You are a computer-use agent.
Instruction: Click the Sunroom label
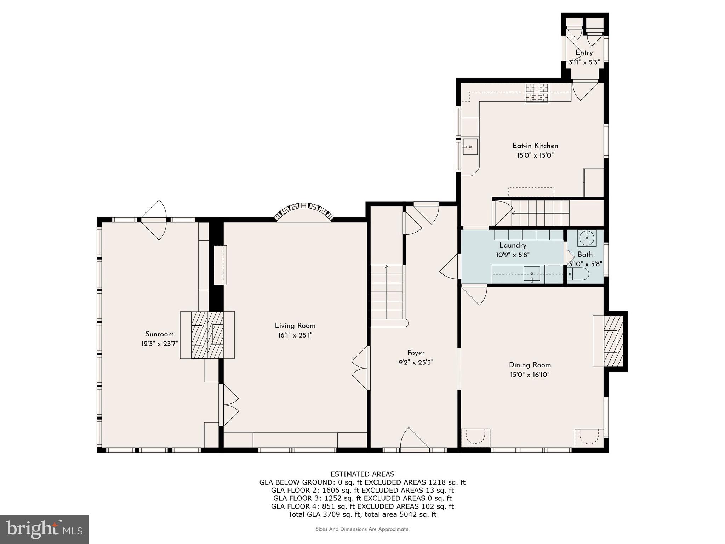pos(159,334)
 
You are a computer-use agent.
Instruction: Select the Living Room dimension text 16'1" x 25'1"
pos(295,335)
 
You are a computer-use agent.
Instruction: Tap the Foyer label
pos(416,353)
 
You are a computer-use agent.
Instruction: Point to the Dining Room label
pos(530,365)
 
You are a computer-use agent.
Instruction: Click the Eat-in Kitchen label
pos(535,146)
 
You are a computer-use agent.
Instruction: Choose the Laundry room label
pos(513,245)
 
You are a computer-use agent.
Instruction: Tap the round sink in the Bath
pos(587,238)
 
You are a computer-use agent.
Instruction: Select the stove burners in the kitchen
pos(537,92)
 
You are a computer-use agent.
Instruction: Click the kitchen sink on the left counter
pos(469,147)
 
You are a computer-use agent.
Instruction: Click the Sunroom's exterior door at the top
pos(154,220)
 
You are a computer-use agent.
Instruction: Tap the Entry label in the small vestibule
pos(584,53)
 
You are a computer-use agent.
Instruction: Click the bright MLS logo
pos(44,529)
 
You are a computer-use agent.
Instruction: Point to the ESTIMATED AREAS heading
pos(362,474)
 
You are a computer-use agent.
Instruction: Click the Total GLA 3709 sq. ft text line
pos(362,514)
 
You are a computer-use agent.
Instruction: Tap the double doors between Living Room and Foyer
pos(360,368)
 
